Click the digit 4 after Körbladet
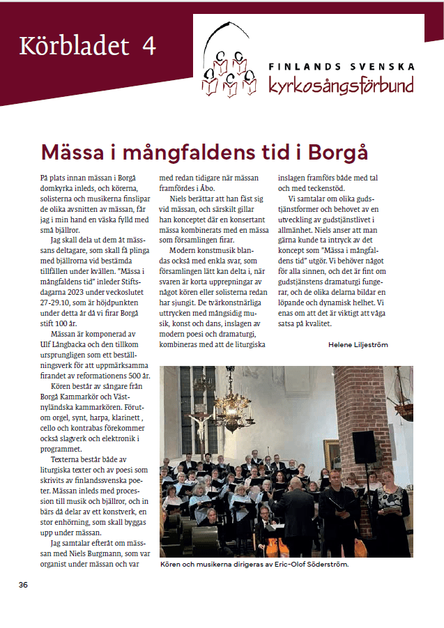(148, 46)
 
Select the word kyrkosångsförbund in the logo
(341, 86)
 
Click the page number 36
(24, 584)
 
